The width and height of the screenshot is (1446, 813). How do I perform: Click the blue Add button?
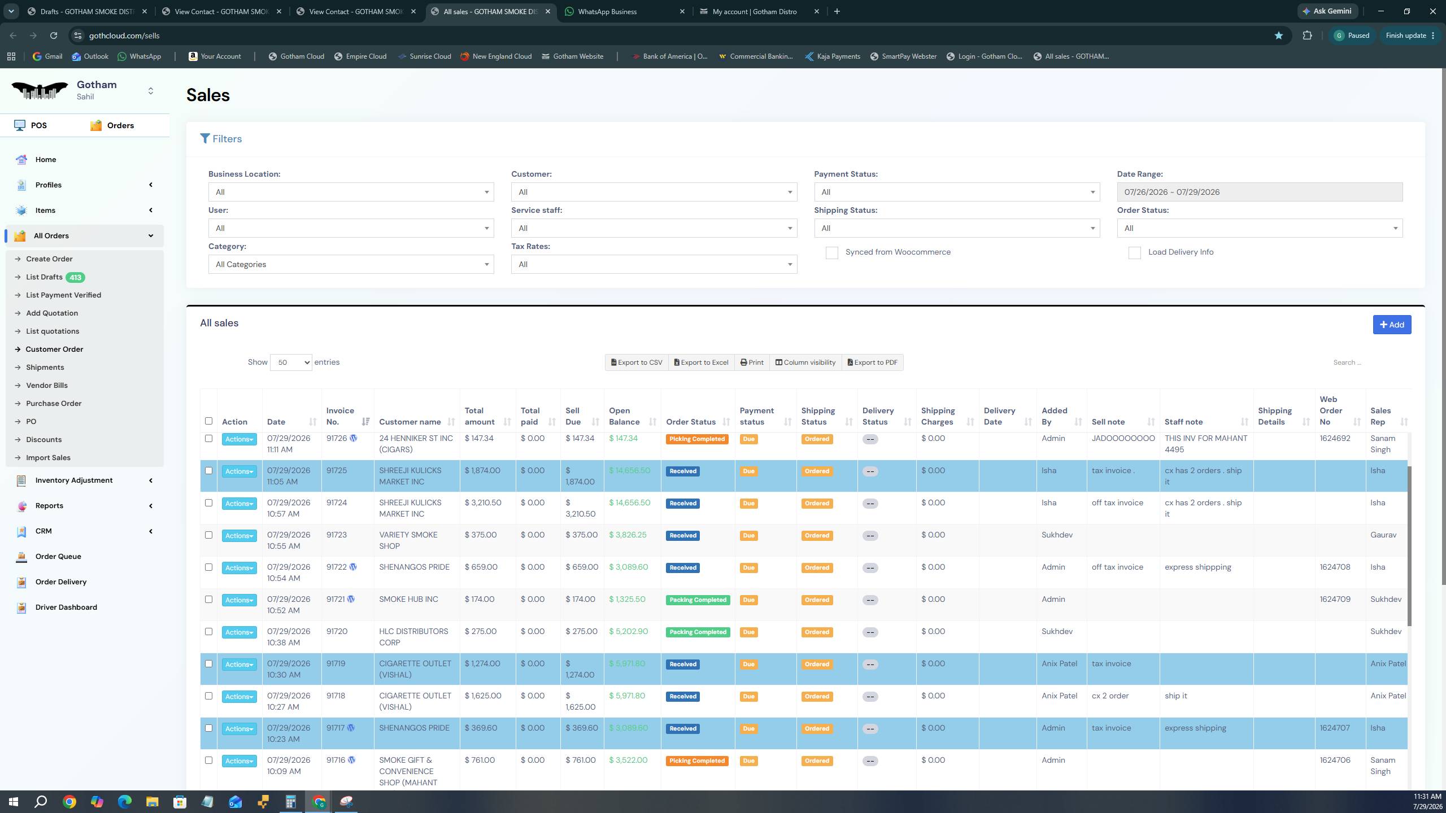(1392, 325)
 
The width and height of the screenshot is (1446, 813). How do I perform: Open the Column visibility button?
(805, 362)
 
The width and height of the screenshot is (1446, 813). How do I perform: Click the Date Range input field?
(1260, 192)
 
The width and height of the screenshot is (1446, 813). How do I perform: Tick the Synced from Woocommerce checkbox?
(832, 253)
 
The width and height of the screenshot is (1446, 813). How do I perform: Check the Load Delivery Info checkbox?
(1135, 253)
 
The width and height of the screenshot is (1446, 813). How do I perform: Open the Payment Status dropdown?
(957, 192)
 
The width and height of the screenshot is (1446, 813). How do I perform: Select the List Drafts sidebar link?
(44, 277)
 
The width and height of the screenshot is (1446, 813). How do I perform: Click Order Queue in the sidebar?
(58, 557)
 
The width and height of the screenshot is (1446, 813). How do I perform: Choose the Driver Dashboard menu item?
(66, 607)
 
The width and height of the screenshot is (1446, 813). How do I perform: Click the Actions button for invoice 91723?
(239, 536)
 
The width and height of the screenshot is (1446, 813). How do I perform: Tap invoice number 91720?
(337, 631)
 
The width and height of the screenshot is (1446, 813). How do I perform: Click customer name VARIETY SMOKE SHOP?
(408, 540)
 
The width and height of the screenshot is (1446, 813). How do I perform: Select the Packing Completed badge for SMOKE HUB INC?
(698, 600)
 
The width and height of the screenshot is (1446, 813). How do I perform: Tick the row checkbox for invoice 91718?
(208, 696)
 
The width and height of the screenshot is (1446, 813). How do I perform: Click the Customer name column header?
(410, 422)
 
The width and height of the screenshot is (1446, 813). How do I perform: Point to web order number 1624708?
(1335, 567)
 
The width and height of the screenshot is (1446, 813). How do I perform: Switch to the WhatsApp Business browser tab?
(607, 11)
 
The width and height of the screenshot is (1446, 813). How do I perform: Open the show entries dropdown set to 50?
(291, 362)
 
